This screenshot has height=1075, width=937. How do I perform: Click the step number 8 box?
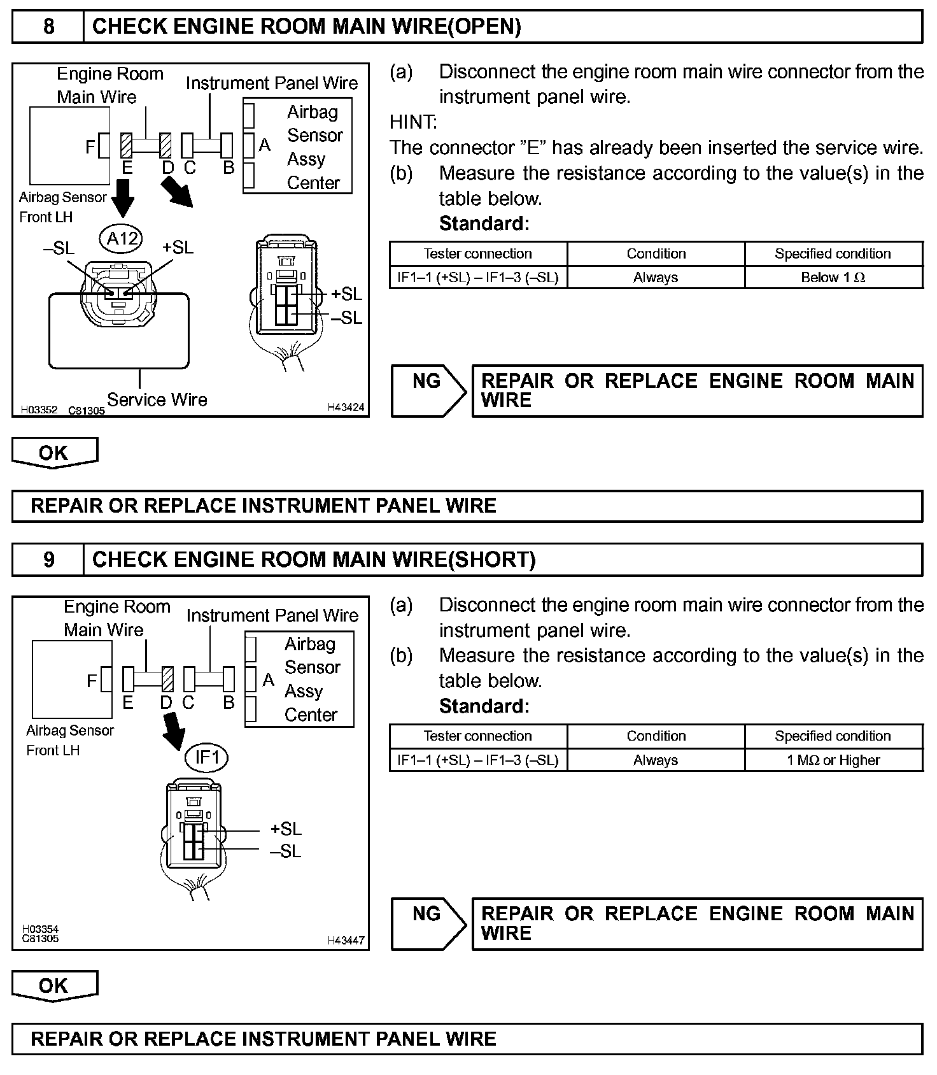coord(48,27)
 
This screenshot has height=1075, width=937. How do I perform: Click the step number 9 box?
coord(48,560)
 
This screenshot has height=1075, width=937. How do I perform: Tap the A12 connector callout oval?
coord(121,239)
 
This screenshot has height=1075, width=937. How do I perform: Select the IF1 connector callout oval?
coord(206,757)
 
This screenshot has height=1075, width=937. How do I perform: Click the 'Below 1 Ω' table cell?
coord(833,278)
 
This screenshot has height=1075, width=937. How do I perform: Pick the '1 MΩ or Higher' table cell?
coord(833,760)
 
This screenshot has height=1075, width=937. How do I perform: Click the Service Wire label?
coord(157,400)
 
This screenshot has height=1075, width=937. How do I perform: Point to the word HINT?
coord(413,122)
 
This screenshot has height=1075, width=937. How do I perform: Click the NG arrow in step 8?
coord(428,390)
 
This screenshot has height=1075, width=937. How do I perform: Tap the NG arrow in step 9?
coord(428,923)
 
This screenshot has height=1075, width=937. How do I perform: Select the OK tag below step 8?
coord(54,453)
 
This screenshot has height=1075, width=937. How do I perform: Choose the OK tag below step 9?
coord(54,986)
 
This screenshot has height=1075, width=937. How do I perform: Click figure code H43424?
coord(346,408)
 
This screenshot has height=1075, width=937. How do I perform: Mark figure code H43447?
coord(346,941)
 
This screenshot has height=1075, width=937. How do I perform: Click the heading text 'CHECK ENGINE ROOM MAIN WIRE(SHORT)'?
coord(314,560)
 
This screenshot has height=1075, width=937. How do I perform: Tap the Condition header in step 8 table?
coord(656,253)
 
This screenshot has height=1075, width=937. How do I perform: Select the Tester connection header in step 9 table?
coord(477,736)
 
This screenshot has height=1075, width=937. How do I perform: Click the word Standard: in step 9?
coord(484,706)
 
